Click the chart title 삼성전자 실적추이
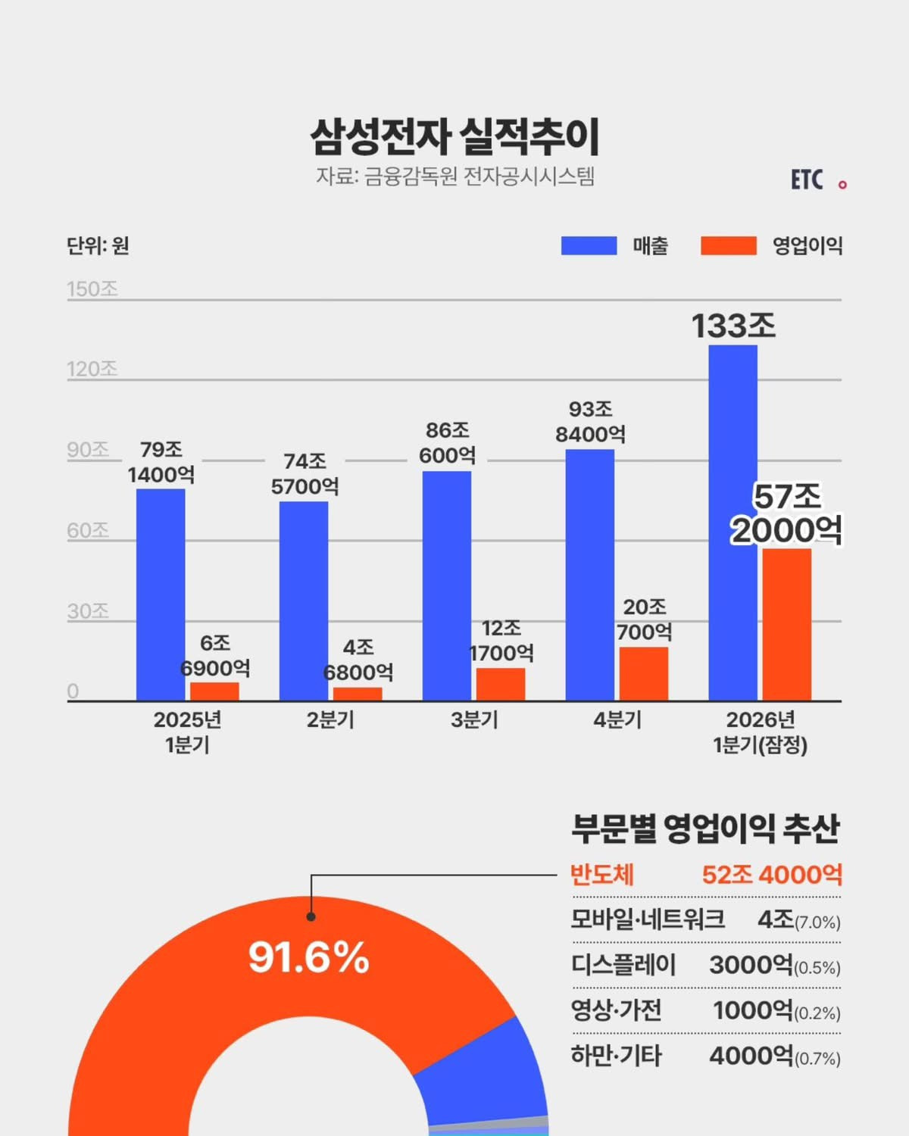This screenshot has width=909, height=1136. [x=454, y=136]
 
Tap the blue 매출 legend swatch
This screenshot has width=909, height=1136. [x=589, y=245]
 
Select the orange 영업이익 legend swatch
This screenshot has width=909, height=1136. [x=728, y=245]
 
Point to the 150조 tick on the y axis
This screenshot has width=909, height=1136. [x=92, y=289]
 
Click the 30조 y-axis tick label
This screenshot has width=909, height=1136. [x=88, y=611]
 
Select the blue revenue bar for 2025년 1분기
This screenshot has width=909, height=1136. [x=161, y=595]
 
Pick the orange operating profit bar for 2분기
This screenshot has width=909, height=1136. [x=358, y=694]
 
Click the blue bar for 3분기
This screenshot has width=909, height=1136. [x=447, y=585]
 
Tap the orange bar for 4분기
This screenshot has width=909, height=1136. [x=644, y=673]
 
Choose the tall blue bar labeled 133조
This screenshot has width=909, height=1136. [x=733, y=523]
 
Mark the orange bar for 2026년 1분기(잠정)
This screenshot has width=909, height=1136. [x=786, y=624]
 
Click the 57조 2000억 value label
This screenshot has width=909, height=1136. [x=786, y=513]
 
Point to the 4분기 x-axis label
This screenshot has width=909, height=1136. [x=617, y=719]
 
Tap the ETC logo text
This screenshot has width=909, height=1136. [x=807, y=180]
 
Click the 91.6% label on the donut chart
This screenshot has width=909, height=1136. [x=309, y=957]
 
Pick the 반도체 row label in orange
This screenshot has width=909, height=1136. [x=601, y=875]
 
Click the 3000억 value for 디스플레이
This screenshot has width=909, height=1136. [x=751, y=965]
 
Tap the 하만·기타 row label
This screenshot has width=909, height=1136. [x=616, y=1056]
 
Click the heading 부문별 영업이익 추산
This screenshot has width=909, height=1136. [x=705, y=829]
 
